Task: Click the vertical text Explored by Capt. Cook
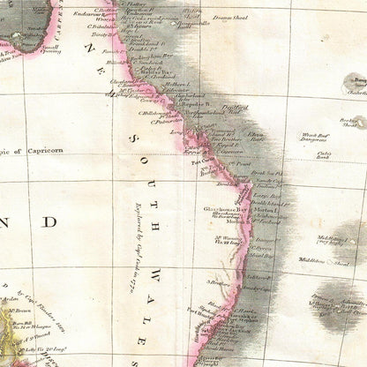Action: pyautogui.click(x=140, y=238)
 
